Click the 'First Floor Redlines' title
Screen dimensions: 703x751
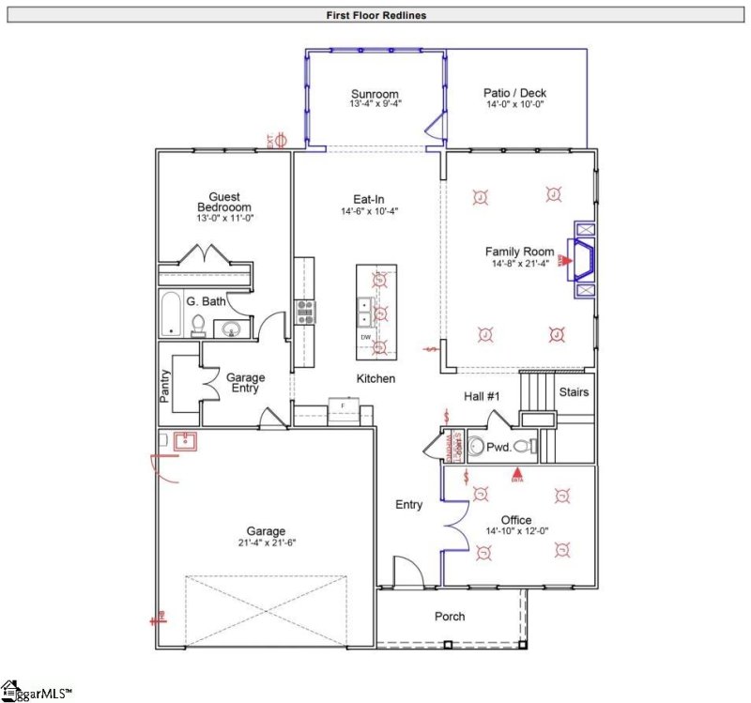375,15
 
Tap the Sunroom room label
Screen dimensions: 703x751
375,94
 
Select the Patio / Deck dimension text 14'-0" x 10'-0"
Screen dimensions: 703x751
514,104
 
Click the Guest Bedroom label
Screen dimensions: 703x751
224,202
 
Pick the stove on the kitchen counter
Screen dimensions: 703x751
306,312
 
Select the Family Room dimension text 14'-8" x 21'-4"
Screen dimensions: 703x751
519,264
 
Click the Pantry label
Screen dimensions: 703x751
163,384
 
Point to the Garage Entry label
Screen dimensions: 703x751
245,384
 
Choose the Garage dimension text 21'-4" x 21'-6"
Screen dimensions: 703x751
266,543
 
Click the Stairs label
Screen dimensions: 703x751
573,391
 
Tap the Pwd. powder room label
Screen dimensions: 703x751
498,448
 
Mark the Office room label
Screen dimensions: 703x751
515,520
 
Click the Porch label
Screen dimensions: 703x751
450,617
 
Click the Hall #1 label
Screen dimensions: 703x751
483,396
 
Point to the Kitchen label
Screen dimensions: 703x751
375,378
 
